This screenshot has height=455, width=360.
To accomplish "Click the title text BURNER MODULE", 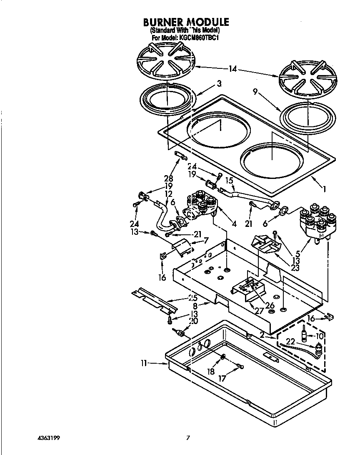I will (186, 22).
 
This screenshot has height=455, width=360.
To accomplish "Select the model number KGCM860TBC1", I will (199, 38).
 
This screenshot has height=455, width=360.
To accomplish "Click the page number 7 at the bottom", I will (188, 438).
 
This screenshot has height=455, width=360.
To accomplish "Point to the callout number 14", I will (232, 69).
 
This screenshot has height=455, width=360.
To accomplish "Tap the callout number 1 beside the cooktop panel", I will (324, 189).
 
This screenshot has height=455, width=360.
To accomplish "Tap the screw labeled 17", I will (239, 367).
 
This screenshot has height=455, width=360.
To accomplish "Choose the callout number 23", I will (295, 268).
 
